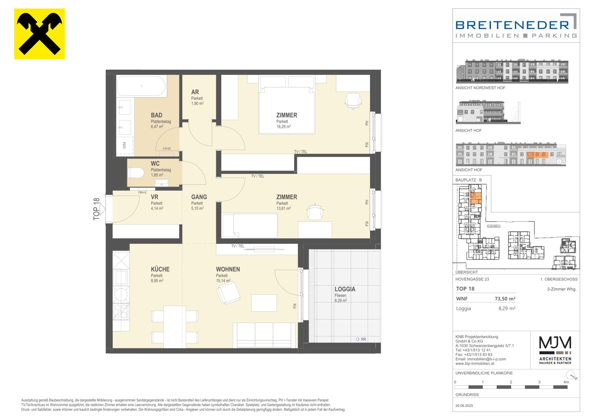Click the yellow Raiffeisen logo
[40, 34]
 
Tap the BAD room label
[157, 115]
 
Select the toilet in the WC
[136, 173]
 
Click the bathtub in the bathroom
[141, 86]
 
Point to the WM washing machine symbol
[125, 145]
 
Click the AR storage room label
[195, 92]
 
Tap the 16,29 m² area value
[283, 126]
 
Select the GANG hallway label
[199, 197]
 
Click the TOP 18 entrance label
[97, 209]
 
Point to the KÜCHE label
[160, 269]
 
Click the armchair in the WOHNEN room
[229, 292]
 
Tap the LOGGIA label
[345, 289]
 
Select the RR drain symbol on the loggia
[361, 339]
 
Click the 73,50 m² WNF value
[505, 299]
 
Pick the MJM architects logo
[555, 350]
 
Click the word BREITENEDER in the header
[512, 25]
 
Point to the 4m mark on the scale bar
[566, 382]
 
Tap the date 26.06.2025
[464, 405]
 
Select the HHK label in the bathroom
[167, 149]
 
